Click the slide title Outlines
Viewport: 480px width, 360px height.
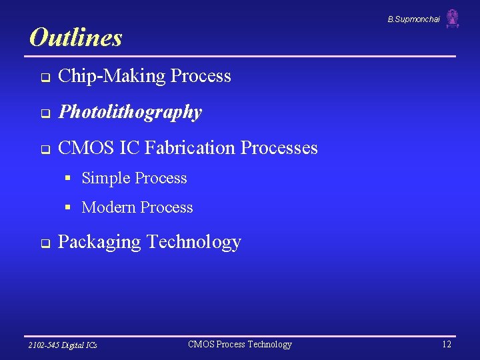[x=76, y=37]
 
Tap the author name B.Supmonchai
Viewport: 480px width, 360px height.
[x=413, y=19]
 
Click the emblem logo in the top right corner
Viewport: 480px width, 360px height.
[x=453, y=19]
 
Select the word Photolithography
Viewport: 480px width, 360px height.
[x=130, y=112]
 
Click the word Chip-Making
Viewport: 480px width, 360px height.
[x=111, y=76]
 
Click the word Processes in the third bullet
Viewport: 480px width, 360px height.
[x=279, y=147]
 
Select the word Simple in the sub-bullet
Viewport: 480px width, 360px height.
[x=105, y=178]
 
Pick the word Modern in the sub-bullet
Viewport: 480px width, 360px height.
[x=108, y=207]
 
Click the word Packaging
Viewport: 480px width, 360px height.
[x=99, y=242]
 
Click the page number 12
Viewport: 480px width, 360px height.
[x=446, y=344]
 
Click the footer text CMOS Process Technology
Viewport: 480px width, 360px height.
[x=240, y=344]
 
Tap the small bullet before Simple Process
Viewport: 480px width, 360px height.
[x=68, y=179]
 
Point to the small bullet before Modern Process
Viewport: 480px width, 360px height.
[x=68, y=208]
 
